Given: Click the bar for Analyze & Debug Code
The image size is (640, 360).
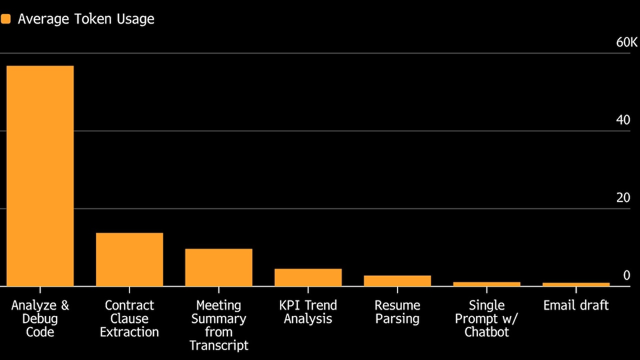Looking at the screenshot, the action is point(40,176).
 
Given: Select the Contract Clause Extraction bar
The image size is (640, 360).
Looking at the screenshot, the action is point(129,259).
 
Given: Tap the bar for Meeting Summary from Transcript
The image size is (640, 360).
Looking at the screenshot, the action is point(219,267).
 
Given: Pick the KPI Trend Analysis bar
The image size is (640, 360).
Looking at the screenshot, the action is point(308,277).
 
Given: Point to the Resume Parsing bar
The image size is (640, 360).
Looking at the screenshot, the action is point(397,281).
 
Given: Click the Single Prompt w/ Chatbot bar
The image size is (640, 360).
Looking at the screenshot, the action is point(487,284).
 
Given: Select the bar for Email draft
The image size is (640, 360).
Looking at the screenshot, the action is point(576,284).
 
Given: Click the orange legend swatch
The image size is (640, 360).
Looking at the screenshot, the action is point(5,19).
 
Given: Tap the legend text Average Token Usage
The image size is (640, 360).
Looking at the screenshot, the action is point(86,19).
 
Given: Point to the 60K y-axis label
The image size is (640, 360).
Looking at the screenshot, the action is point(627,42).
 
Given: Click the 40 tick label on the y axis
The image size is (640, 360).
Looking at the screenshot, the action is point(623,120).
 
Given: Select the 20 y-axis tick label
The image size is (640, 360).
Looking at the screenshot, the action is point(623,197).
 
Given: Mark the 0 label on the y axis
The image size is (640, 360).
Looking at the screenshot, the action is point(626,275).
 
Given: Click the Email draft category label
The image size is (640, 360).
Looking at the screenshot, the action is point(576,305).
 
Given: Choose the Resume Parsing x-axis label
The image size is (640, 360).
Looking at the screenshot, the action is point(397,312).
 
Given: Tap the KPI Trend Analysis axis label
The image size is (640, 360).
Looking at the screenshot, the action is point(308,312).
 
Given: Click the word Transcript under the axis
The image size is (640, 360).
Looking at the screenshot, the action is point(219,345).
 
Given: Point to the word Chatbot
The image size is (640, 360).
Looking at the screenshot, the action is point(487,332).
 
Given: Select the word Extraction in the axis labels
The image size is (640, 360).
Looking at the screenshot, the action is point(129,332).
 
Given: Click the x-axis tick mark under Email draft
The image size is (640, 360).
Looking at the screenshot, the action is point(576,289).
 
